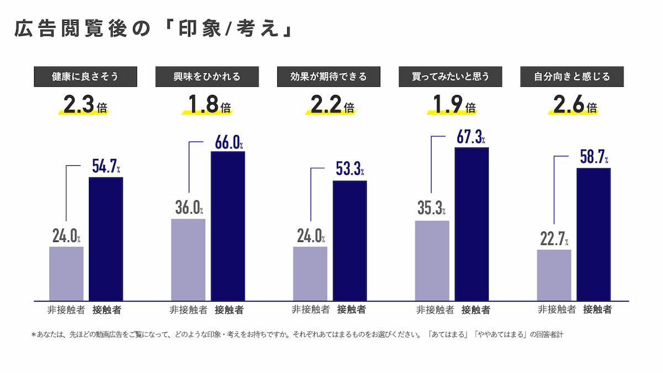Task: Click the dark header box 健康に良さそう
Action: pos(85,77)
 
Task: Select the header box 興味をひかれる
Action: pos(206,77)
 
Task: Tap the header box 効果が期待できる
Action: pos(328,77)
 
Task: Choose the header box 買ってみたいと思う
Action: pos(450,77)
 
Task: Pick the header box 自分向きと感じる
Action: pos(572,77)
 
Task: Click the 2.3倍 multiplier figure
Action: pos(85,105)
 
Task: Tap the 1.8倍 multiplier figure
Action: pos(206,105)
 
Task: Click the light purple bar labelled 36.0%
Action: pos(188,260)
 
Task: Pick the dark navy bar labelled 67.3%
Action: pos(471,224)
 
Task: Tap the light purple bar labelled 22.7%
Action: pos(554,275)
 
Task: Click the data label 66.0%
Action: pos(227,142)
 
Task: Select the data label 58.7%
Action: pos(593,157)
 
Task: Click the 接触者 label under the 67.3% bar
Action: pos(475,310)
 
